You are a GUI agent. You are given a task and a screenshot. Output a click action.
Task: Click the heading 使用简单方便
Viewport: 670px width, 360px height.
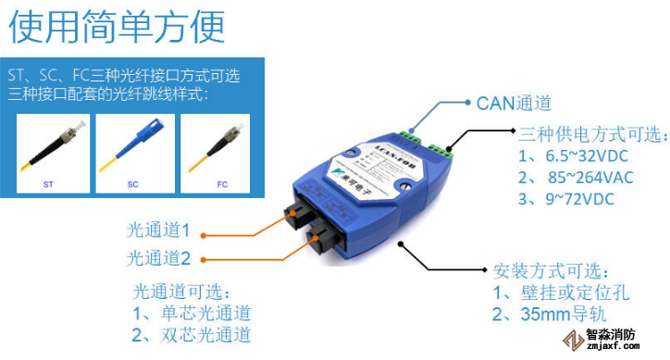pos(118,26)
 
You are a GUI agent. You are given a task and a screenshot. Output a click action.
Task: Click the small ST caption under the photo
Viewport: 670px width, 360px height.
pos(48,185)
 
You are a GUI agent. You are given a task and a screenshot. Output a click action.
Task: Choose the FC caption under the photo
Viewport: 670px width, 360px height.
pos(222,185)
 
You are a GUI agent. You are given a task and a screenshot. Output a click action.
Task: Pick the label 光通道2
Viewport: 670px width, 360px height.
pos(158,258)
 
